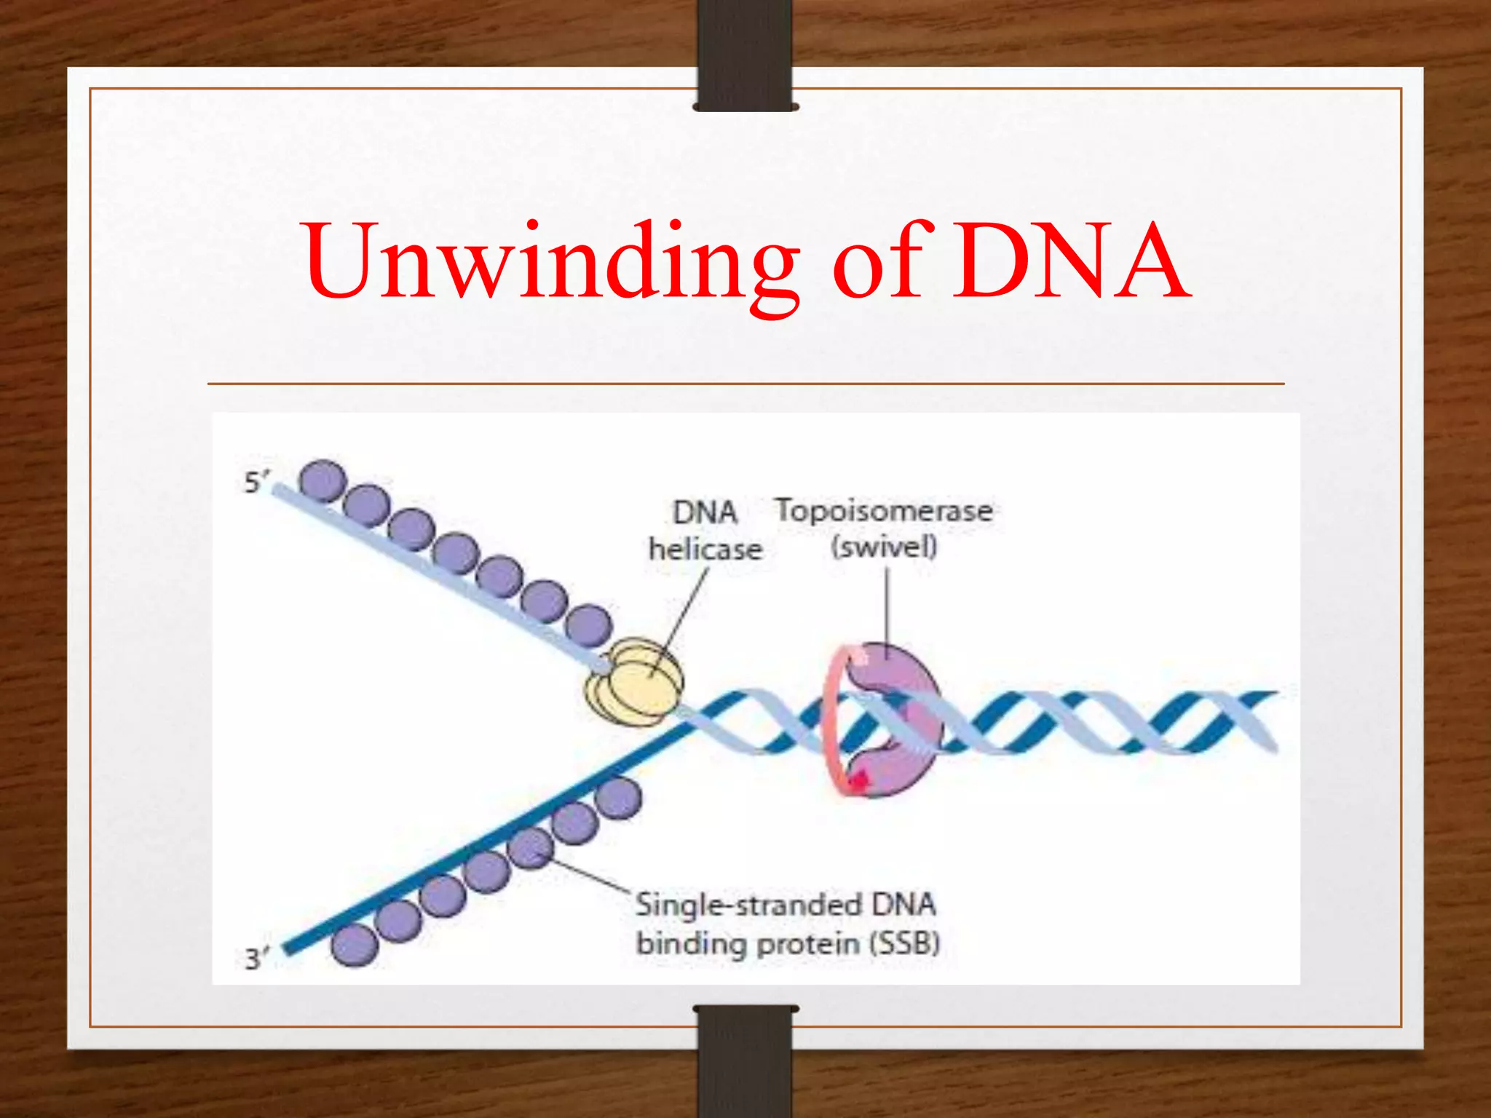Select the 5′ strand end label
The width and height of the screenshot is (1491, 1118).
[256, 483]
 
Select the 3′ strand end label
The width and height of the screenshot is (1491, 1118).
[256, 959]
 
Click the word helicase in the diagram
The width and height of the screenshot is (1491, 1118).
[705, 549]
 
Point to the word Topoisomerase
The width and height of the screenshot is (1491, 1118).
[883, 510]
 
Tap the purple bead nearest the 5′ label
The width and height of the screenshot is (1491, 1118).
[323, 481]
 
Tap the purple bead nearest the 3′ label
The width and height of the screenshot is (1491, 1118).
[355, 945]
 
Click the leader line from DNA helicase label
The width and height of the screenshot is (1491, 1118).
[684, 619]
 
